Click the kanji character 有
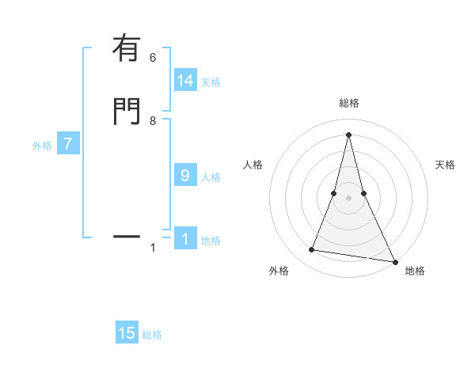pos(127,49)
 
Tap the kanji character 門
pos(127,112)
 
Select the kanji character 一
pos(127,237)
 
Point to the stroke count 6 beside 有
pos(153,58)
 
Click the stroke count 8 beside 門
pos(153,121)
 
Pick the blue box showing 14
pos(185,81)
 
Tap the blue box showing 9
pos(185,176)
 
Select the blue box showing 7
pos(68,145)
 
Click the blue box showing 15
pos(127,333)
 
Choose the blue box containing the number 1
pos(185,239)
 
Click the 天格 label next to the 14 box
pos(211,82)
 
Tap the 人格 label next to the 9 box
pos(211,177)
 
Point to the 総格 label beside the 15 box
pos(152,335)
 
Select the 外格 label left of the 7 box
pos(42,146)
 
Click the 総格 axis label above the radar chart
pos(349,103)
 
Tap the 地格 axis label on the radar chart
pos(415,271)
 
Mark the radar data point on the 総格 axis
pos(349,134)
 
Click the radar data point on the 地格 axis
pos(395,261)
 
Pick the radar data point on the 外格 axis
pos(312,250)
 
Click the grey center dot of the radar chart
pos(349,198)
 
